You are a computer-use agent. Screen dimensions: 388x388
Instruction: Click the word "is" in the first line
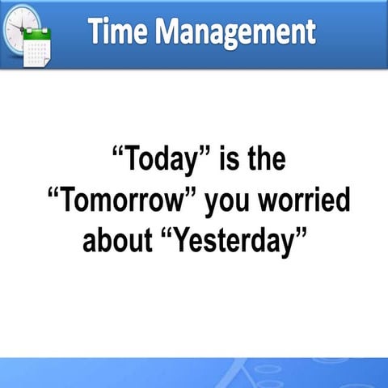coord(230,159)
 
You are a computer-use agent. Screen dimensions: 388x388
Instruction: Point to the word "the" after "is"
coord(268,159)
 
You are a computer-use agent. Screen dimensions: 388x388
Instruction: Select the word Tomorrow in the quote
coord(123,200)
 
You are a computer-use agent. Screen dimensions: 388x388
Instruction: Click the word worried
coord(306,200)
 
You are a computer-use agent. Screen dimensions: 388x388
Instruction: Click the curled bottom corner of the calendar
coord(48,61)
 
